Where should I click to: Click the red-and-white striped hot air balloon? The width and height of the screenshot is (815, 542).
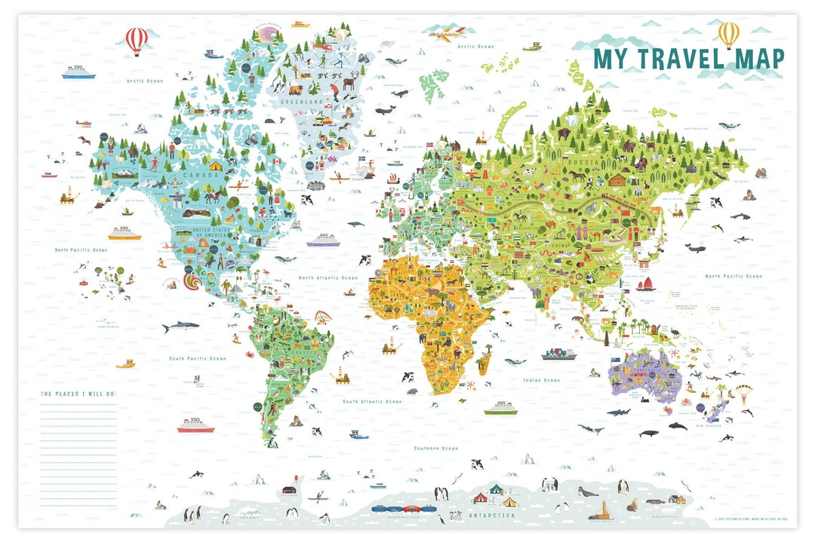click(137, 39)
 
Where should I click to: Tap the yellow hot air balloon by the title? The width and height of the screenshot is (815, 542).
click(728, 33)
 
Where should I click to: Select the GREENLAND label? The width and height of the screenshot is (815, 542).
click(302, 101)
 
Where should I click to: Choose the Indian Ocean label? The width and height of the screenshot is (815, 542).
click(540, 380)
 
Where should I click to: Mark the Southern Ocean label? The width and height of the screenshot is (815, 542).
click(435, 449)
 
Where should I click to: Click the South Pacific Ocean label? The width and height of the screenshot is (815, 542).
click(197, 359)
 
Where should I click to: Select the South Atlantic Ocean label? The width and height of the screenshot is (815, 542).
click(372, 402)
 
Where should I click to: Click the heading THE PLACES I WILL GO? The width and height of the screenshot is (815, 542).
click(78, 394)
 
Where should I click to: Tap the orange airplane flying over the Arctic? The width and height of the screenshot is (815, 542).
click(447, 32)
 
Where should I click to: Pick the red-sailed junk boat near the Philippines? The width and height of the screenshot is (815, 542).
click(645, 283)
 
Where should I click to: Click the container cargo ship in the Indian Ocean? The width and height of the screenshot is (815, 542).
click(558, 354)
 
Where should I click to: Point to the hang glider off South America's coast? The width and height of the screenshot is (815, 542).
click(323, 320)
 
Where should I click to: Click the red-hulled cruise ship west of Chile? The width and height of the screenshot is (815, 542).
click(195, 426)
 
